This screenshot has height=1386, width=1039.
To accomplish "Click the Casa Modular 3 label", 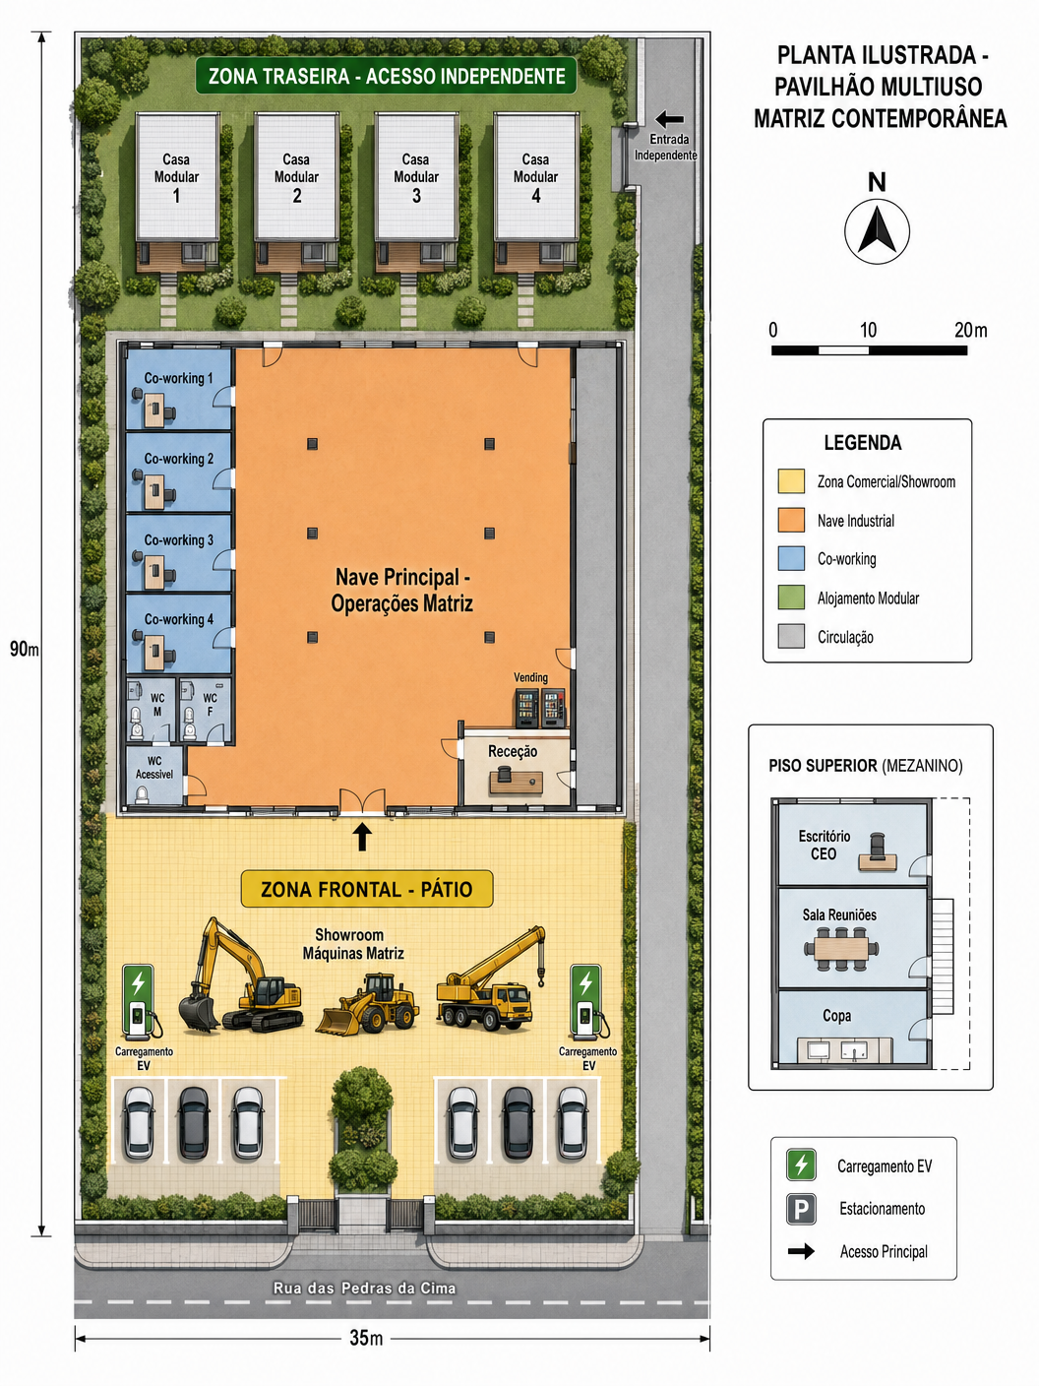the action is [416, 177].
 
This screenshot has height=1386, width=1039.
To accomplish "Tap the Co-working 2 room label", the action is [178, 459].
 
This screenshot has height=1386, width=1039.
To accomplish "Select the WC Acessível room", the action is [154, 776].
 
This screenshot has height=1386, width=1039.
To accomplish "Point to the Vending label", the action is [530, 677].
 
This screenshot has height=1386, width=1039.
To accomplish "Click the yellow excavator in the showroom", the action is [240, 976].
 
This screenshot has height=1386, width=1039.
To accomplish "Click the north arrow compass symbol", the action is [877, 231].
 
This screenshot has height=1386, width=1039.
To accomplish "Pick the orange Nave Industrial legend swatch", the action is [791, 521].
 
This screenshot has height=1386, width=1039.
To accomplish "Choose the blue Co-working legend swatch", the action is [791, 559].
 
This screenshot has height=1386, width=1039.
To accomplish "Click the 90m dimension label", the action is [24, 649].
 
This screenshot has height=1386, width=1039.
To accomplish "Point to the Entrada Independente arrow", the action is [669, 119].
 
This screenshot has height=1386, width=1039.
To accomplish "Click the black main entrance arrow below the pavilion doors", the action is [362, 837].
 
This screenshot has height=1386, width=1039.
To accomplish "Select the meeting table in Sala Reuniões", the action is [841, 948].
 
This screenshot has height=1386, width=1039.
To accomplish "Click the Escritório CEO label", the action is [824, 845].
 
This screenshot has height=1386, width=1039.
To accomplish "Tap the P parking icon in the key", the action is [801, 1209].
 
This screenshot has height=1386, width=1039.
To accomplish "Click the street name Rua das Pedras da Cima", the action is [364, 1288].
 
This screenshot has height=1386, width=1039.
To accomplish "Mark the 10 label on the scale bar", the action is [868, 330].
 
